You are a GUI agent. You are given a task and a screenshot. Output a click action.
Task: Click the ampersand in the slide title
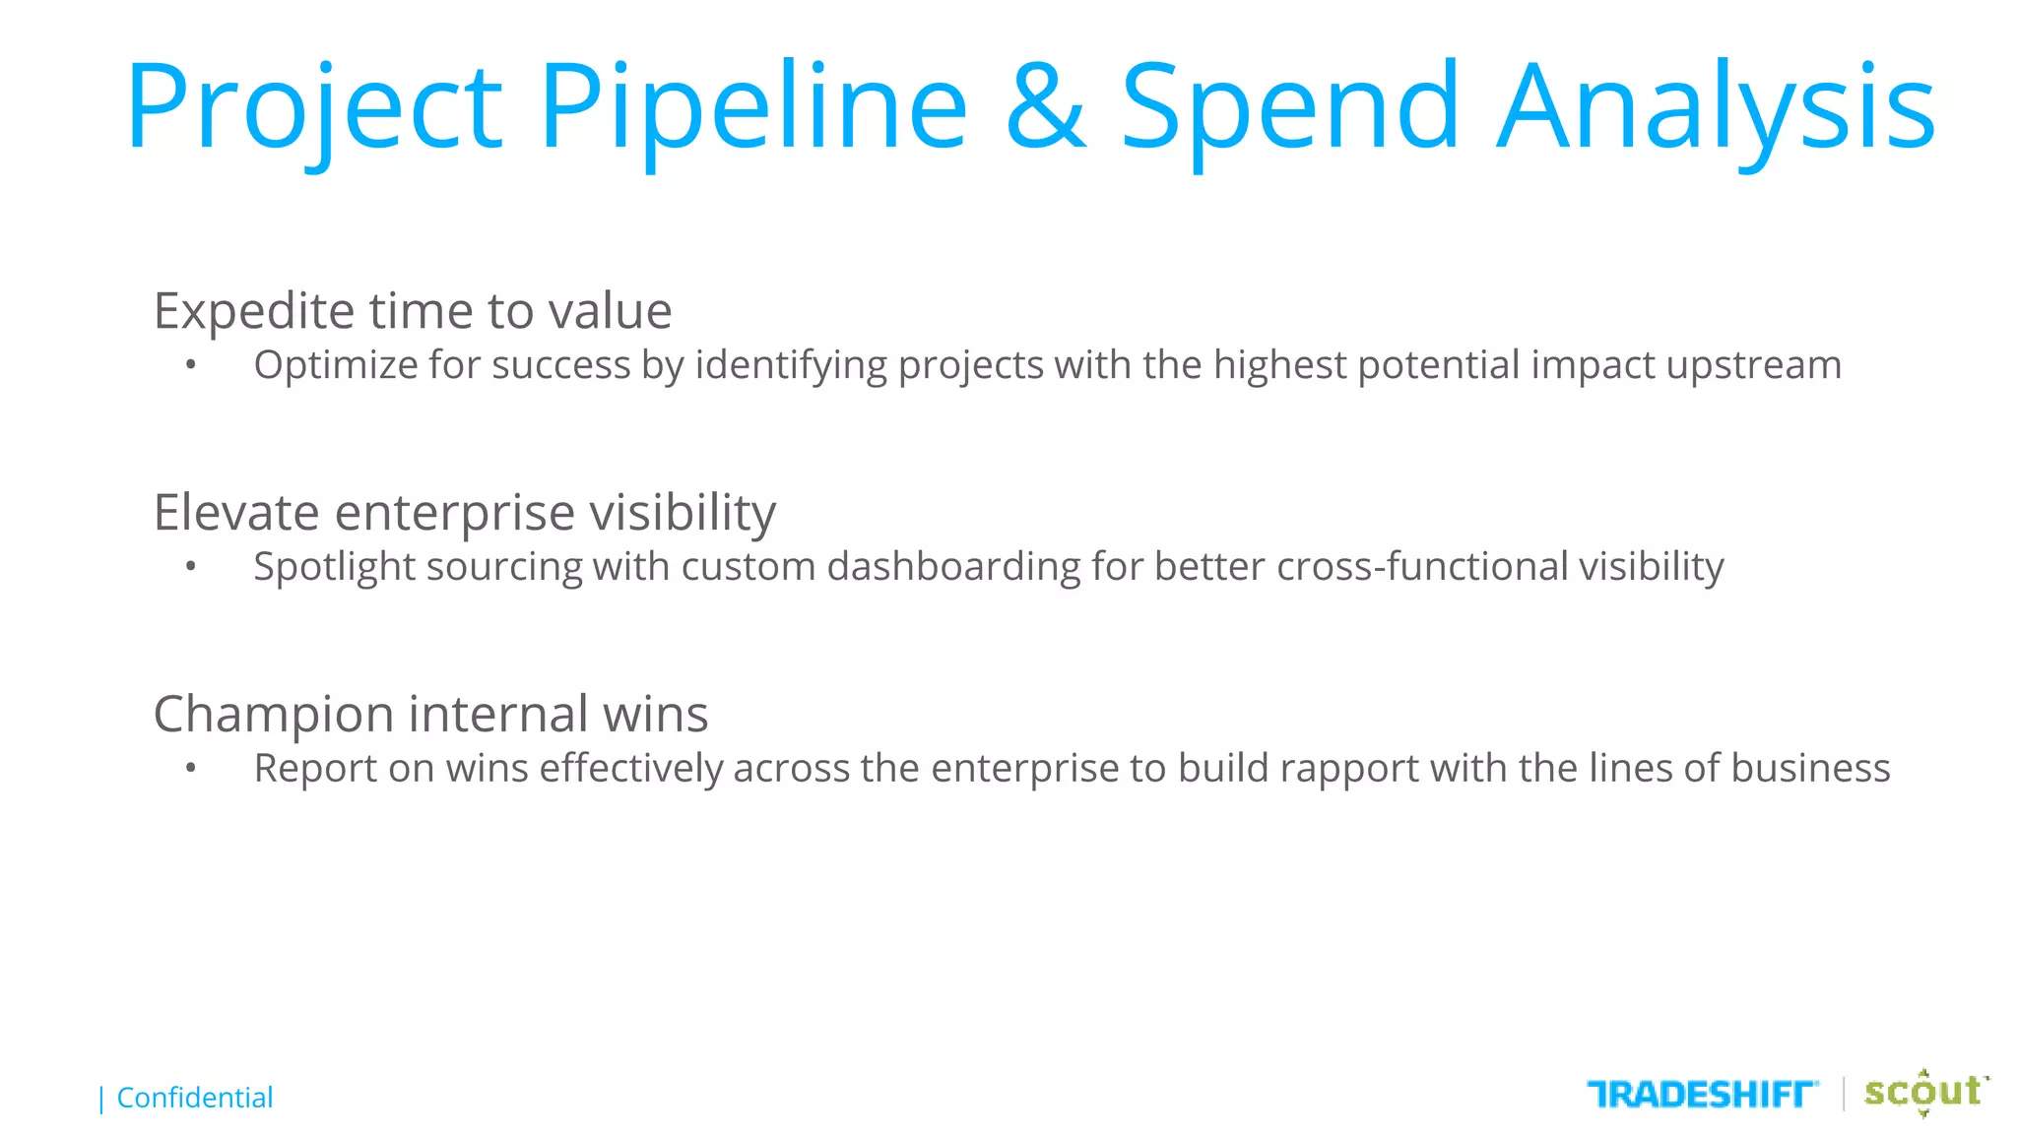[1046, 106]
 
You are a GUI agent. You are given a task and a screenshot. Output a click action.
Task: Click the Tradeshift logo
[1702, 1094]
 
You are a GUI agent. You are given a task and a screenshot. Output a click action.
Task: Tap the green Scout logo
[1923, 1092]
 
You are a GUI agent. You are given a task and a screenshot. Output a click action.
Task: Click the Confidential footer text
[194, 1098]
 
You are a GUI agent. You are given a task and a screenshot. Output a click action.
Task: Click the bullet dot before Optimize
[191, 366]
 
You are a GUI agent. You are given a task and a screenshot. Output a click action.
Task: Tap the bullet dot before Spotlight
[191, 567]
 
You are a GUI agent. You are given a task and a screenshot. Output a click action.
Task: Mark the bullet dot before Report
[191, 769]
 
